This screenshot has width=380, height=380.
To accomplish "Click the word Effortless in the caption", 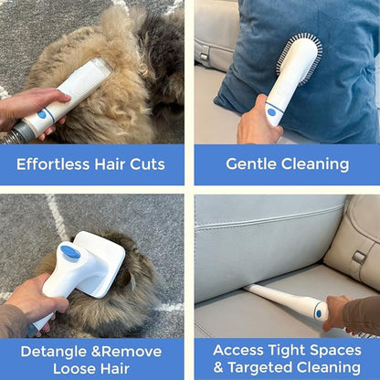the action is click(x=53, y=164).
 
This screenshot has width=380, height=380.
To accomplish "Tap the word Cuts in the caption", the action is click(x=148, y=164).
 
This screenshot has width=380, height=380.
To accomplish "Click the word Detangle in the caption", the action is click(x=54, y=353).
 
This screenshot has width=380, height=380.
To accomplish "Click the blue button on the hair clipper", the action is click(x=42, y=114).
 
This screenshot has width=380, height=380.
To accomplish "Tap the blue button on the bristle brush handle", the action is click(x=271, y=111).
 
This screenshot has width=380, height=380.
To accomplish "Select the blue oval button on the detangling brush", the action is click(x=70, y=252).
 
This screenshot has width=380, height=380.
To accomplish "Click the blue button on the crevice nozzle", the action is click(x=319, y=313).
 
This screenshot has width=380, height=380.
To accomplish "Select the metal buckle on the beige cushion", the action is click(x=359, y=258).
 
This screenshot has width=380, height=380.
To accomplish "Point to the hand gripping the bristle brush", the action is click(x=259, y=123).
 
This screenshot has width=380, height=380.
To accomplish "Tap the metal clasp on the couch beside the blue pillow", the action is click(x=204, y=57).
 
